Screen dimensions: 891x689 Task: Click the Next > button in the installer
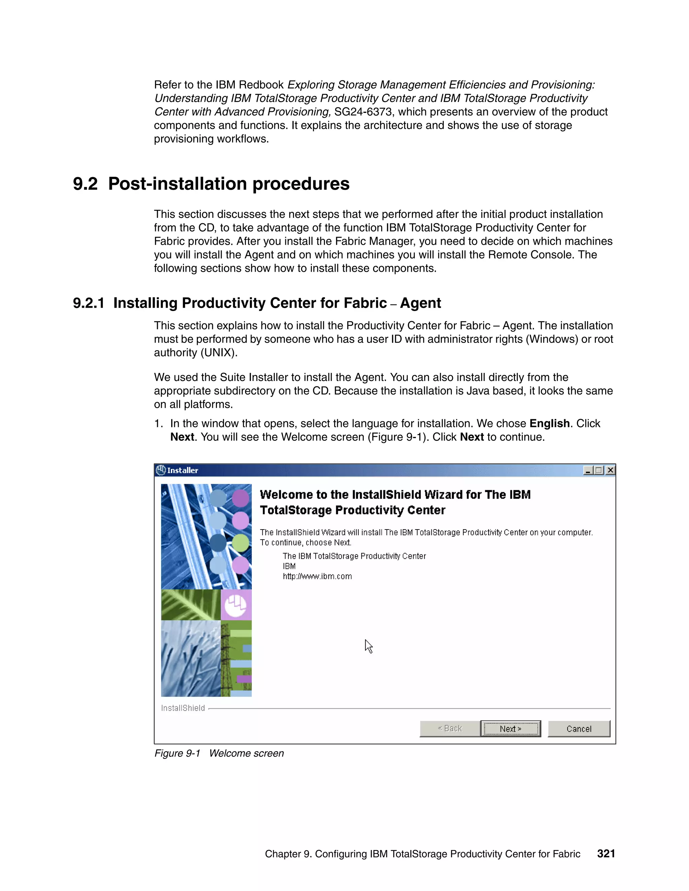pyautogui.click(x=510, y=729)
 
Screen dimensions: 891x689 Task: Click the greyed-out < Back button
pyautogui.click(x=450, y=729)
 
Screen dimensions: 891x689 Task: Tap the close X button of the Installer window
pyautogui.click(x=610, y=470)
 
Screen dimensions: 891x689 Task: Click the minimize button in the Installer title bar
pyautogui.click(x=588, y=470)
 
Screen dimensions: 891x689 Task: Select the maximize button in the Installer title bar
pyautogui.click(x=599, y=470)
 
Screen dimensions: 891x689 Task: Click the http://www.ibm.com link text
pyautogui.click(x=317, y=576)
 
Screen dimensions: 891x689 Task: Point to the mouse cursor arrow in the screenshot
pyautogui.click(x=368, y=646)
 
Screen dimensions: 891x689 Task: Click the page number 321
pyautogui.click(x=606, y=853)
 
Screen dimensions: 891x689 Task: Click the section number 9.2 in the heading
pyautogui.click(x=85, y=184)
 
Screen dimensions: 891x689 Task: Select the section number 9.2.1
pyautogui.click(x=88, y=303)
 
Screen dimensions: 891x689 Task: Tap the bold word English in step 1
pyautogui.click(x=549, y=423)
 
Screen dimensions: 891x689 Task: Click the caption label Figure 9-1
pyautogui.click(x=177, y=753)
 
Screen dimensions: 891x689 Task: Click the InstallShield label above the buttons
pyautogui.click(x=183, y=708)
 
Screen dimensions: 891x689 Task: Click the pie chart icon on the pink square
pyautogui.click(x=235, y=605)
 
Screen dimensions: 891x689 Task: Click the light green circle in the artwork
pyautogui.click(x=241, y=543)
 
